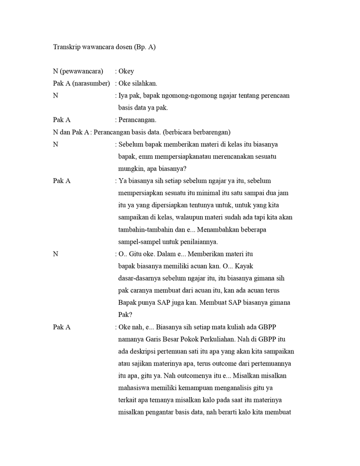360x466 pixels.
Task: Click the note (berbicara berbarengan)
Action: [x=197, y=132]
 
